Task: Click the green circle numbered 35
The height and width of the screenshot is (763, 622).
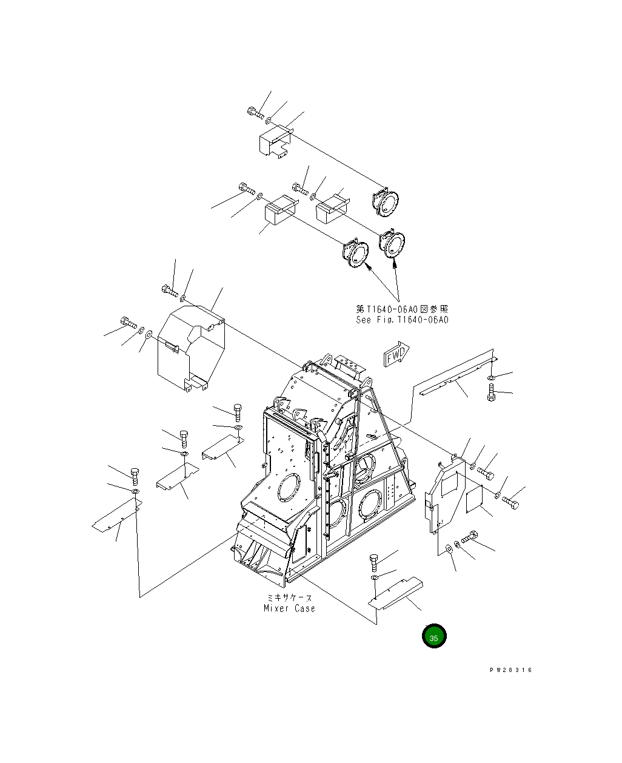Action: [434, 636]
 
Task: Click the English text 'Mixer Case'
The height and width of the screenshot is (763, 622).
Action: [289, 608]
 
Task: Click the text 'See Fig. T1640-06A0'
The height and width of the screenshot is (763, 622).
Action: [402, 320]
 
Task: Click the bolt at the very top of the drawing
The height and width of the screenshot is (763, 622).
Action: [254, 112]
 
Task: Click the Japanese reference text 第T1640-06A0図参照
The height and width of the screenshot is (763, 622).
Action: [402, 309]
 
